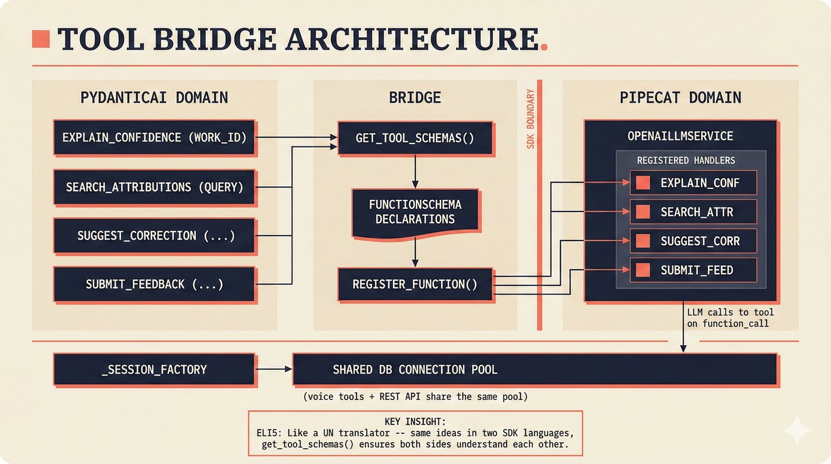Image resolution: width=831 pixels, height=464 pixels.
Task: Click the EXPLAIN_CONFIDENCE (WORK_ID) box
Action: pos(154,138)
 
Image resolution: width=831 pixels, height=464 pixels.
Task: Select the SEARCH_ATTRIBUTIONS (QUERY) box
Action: pos(154,187)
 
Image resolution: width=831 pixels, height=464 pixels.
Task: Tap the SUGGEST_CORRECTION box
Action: pos(154,236)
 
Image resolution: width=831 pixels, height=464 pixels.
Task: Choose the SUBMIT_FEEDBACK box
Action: pos(154,284)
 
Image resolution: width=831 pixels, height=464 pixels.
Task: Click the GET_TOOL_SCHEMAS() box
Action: pos(414,138)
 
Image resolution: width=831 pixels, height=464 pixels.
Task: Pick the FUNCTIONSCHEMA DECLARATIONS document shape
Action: pos(415,212)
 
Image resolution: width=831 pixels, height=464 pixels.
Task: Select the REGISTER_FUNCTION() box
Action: pos(414,284)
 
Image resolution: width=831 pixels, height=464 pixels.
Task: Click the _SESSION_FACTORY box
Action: pos(154,370)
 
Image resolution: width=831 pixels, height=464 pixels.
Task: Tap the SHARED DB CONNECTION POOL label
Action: pos(415,370)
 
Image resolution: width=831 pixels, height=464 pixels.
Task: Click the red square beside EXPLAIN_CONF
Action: pos(643,183)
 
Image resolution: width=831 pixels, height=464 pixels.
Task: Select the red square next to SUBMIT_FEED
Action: pos(643,270)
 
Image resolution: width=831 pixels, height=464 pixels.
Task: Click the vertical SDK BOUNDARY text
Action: pos(530,119)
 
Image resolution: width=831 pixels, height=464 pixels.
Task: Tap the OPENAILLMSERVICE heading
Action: pos(680,137)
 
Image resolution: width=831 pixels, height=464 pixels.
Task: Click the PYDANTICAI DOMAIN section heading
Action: pos(154,98)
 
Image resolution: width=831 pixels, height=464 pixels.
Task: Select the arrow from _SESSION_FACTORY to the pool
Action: pos(274,369)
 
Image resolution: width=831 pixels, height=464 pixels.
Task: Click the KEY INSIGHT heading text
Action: pos(415,421)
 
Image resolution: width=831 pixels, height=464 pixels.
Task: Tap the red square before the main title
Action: pos(41,39)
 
